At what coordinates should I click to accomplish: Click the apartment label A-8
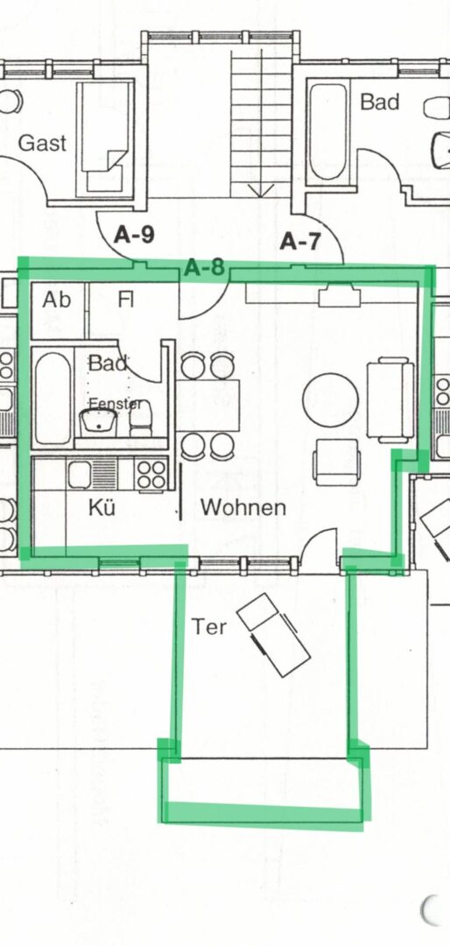click(x=204, y=267)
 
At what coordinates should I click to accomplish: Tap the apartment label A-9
click(x=134, y=235)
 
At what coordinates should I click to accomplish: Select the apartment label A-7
click(x=299, y=242)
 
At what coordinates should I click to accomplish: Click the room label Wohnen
click(x=243, y=507)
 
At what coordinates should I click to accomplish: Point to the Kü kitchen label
click(x=102, y=507)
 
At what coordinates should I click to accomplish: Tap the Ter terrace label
click(x=209, y=627)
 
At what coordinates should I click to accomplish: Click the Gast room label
click(x=42, y=144)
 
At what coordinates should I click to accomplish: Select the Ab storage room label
click(x=56, y=300)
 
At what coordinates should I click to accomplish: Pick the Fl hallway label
click(x=125, y=300)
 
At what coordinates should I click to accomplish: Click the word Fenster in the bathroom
click(x=116, y=403)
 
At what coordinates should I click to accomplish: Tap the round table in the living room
click(x=331, y=400)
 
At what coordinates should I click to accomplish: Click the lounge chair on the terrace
click(x=273, y=635)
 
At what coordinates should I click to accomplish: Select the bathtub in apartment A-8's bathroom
click(x=53, y=399)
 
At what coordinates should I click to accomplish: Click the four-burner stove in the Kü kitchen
click(x=151, y=474)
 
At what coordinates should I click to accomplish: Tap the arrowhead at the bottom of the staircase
click(x=261, y=190)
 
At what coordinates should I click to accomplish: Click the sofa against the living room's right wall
click(x=390, y=399)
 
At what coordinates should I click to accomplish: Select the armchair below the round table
click(x=336, y=462)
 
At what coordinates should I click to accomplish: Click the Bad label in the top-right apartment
click(x=379, y=102)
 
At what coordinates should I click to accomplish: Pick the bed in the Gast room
click(x=105, y=138)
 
